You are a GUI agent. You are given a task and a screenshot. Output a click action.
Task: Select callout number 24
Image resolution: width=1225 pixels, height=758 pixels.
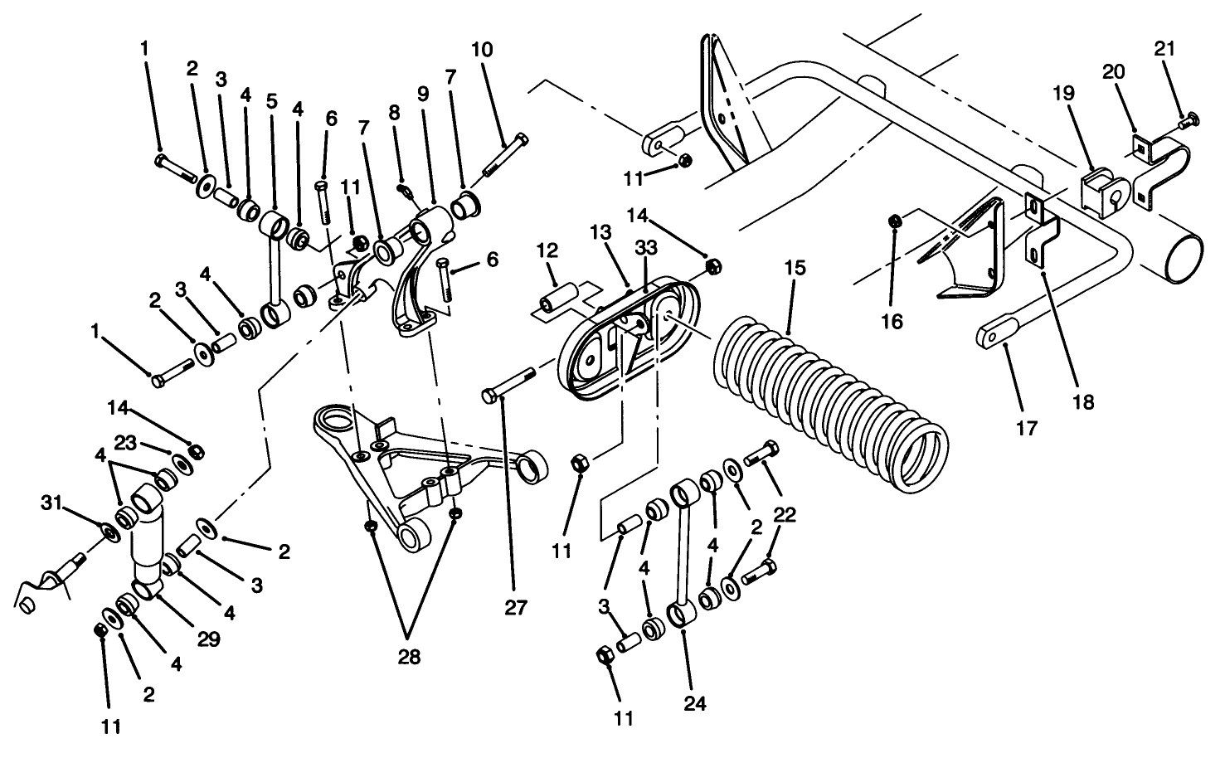click(x=695, y=704)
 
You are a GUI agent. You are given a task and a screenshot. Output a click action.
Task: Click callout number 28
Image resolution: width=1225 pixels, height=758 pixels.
click(x=409, y=657)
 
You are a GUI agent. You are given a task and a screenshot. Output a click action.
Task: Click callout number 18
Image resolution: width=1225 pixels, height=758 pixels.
click(x=1083, y=402)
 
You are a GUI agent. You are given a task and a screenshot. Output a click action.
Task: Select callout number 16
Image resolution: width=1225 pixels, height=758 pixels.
click(x=892, y=321)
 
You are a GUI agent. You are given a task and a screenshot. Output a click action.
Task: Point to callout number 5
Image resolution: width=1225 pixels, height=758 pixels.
click(x=271, y=102)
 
